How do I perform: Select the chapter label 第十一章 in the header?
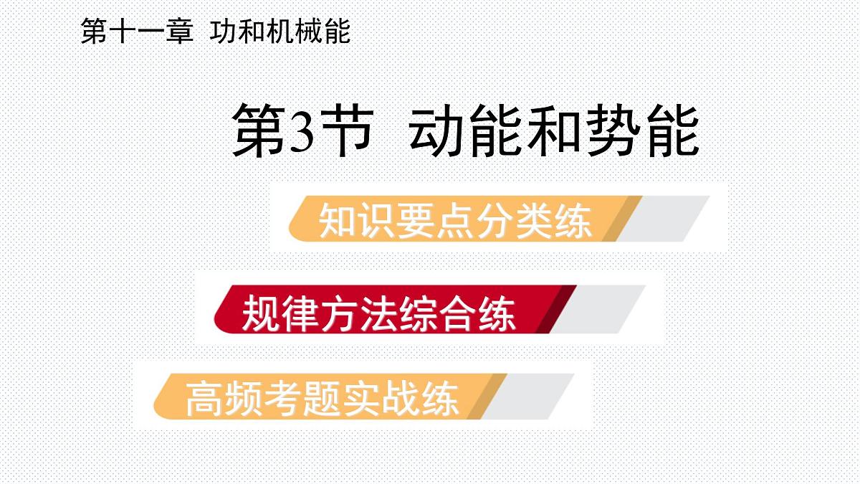pos(137,32)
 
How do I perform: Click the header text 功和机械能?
pos(280,32)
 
